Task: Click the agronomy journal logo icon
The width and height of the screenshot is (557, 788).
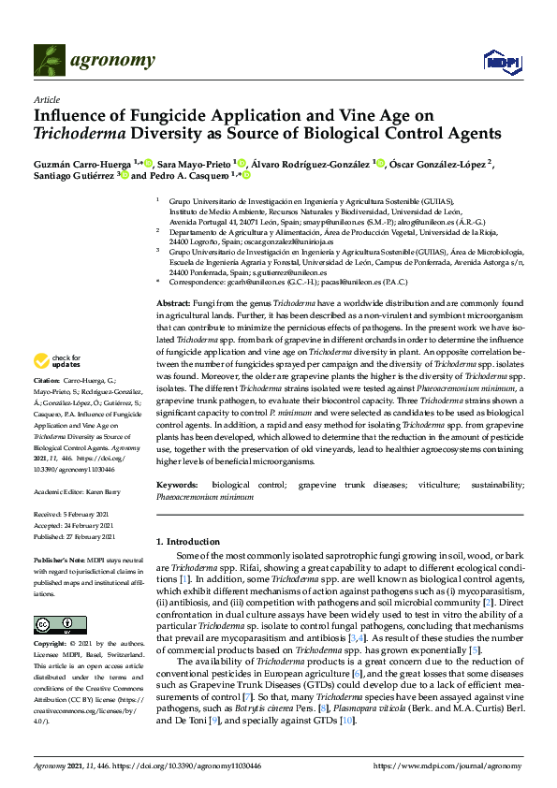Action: (x=48, y=61)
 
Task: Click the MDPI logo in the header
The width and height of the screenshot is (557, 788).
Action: (x=501, y=62)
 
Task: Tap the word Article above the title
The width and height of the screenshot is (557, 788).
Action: (x=46, y=99)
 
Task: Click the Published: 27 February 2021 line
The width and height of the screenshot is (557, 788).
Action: (x=75, y=537)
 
